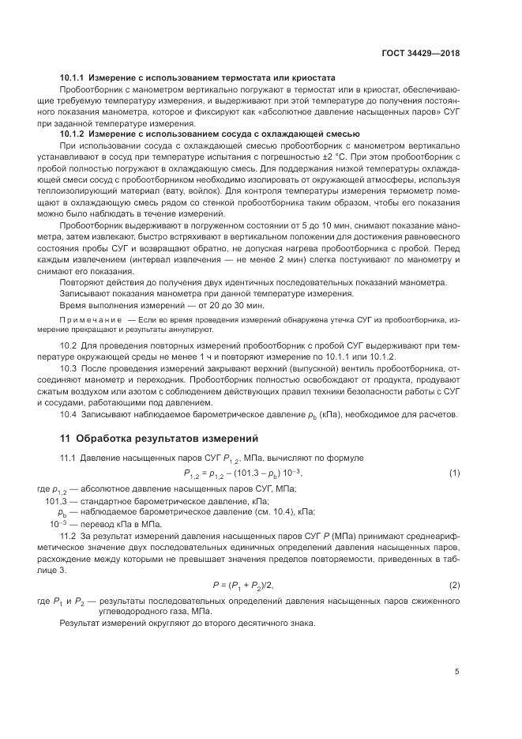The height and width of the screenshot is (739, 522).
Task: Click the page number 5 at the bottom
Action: coord(457,672)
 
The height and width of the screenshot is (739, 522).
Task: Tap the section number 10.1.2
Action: coord(73,134)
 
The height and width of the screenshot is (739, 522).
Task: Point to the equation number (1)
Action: coord(455,473)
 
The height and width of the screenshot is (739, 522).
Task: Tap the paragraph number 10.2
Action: coord(69,346)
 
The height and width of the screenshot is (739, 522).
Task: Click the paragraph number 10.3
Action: coord(69,368)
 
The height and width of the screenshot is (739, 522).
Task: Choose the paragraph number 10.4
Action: coord(69,413)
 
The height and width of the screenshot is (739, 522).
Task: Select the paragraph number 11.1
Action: coord(69,458)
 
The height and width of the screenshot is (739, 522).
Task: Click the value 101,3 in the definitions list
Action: coord(56,501)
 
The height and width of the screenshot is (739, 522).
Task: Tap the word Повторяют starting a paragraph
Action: coord(84,283)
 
